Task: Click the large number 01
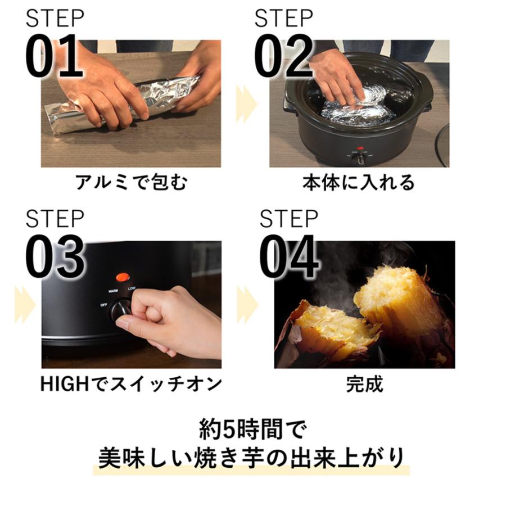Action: point(55,57)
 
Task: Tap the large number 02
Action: point(283,57)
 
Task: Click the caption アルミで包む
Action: point(130,183)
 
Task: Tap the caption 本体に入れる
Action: point(358,183)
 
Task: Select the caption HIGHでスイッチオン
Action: point(131,385)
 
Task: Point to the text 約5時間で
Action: point(252,431)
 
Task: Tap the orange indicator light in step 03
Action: point(122,277)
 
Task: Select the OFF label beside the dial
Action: point(104,304)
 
